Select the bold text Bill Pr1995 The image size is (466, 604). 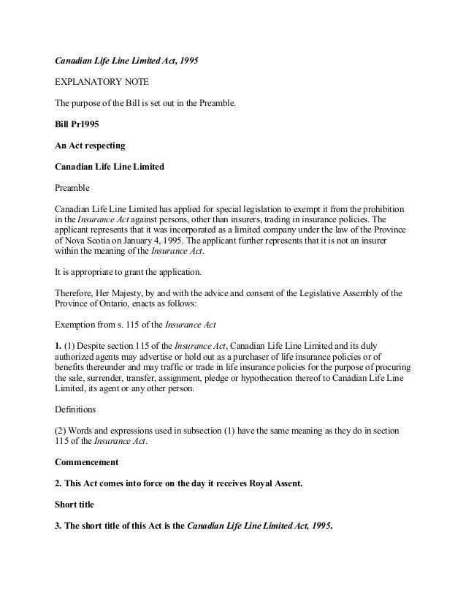77,124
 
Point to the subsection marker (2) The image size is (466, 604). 63,431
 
